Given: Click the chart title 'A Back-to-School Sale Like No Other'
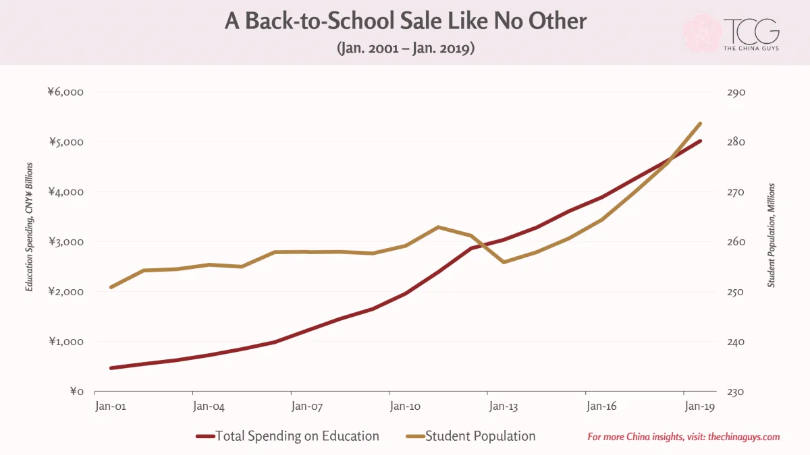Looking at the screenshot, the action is click(406, 21).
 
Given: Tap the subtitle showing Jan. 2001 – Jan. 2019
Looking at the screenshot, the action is click(406, 48).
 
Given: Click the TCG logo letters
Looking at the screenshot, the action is click(751, 32).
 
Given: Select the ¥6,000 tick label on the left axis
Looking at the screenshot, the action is click(65, 92).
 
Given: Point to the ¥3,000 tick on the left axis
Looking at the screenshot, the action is click(66, 241).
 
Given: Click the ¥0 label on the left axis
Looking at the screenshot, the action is click(77, 392).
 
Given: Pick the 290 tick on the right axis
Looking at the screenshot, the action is click(736, 92).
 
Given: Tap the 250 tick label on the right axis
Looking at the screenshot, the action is click(736, 292).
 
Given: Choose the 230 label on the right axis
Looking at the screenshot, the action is click(736, 392).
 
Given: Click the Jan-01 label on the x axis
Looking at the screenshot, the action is click(111, 406).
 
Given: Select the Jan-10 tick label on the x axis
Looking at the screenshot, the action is click(405, 406).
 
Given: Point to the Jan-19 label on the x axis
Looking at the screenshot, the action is click(700, 406).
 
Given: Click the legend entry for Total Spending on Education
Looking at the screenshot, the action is click(288, 436).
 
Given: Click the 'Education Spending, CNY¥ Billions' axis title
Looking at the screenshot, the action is click(29, 226).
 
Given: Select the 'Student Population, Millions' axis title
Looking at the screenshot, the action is click(772, 235).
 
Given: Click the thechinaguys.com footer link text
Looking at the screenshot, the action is click(744, 437).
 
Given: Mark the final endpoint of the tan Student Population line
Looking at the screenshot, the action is click(701, 123).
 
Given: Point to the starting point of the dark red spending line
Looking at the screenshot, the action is click(111, 368).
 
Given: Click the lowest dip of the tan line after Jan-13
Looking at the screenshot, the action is click(504, 262).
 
